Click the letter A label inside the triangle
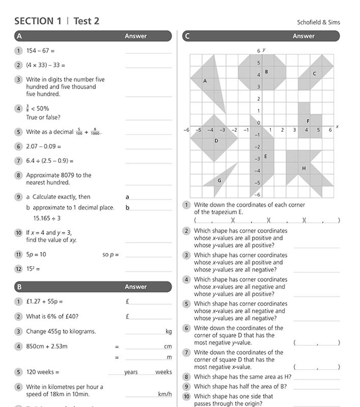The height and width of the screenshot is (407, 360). point(205,81)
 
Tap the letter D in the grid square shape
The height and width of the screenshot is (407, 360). point(216,141)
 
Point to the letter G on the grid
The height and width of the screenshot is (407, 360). point(219,181)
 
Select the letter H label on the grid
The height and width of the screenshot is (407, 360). point(304,168)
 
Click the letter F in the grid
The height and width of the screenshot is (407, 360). point(308,121)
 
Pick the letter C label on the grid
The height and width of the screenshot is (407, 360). point(314,74)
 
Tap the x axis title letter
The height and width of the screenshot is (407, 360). point(337,127)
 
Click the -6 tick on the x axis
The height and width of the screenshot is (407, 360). point(186,130)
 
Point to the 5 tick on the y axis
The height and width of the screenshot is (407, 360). point(259,63)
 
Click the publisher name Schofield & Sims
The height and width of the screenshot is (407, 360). point(318,22)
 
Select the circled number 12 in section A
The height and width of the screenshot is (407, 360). point(19,269)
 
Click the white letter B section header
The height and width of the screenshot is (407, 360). point(19,287)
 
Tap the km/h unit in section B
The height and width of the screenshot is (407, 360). point(165,394)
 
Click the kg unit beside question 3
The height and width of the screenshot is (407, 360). point(169,331)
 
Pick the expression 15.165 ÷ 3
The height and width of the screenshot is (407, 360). point(47,218)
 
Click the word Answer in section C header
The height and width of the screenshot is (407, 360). point(304,36)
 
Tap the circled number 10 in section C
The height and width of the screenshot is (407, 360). point(187,397)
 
